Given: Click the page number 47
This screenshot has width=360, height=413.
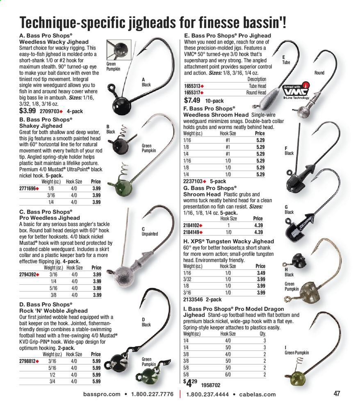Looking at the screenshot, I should point(337,394).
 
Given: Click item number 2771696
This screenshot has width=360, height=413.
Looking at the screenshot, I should point(28,188).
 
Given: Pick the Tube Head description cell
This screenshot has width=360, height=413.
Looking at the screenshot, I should point(257,86).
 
